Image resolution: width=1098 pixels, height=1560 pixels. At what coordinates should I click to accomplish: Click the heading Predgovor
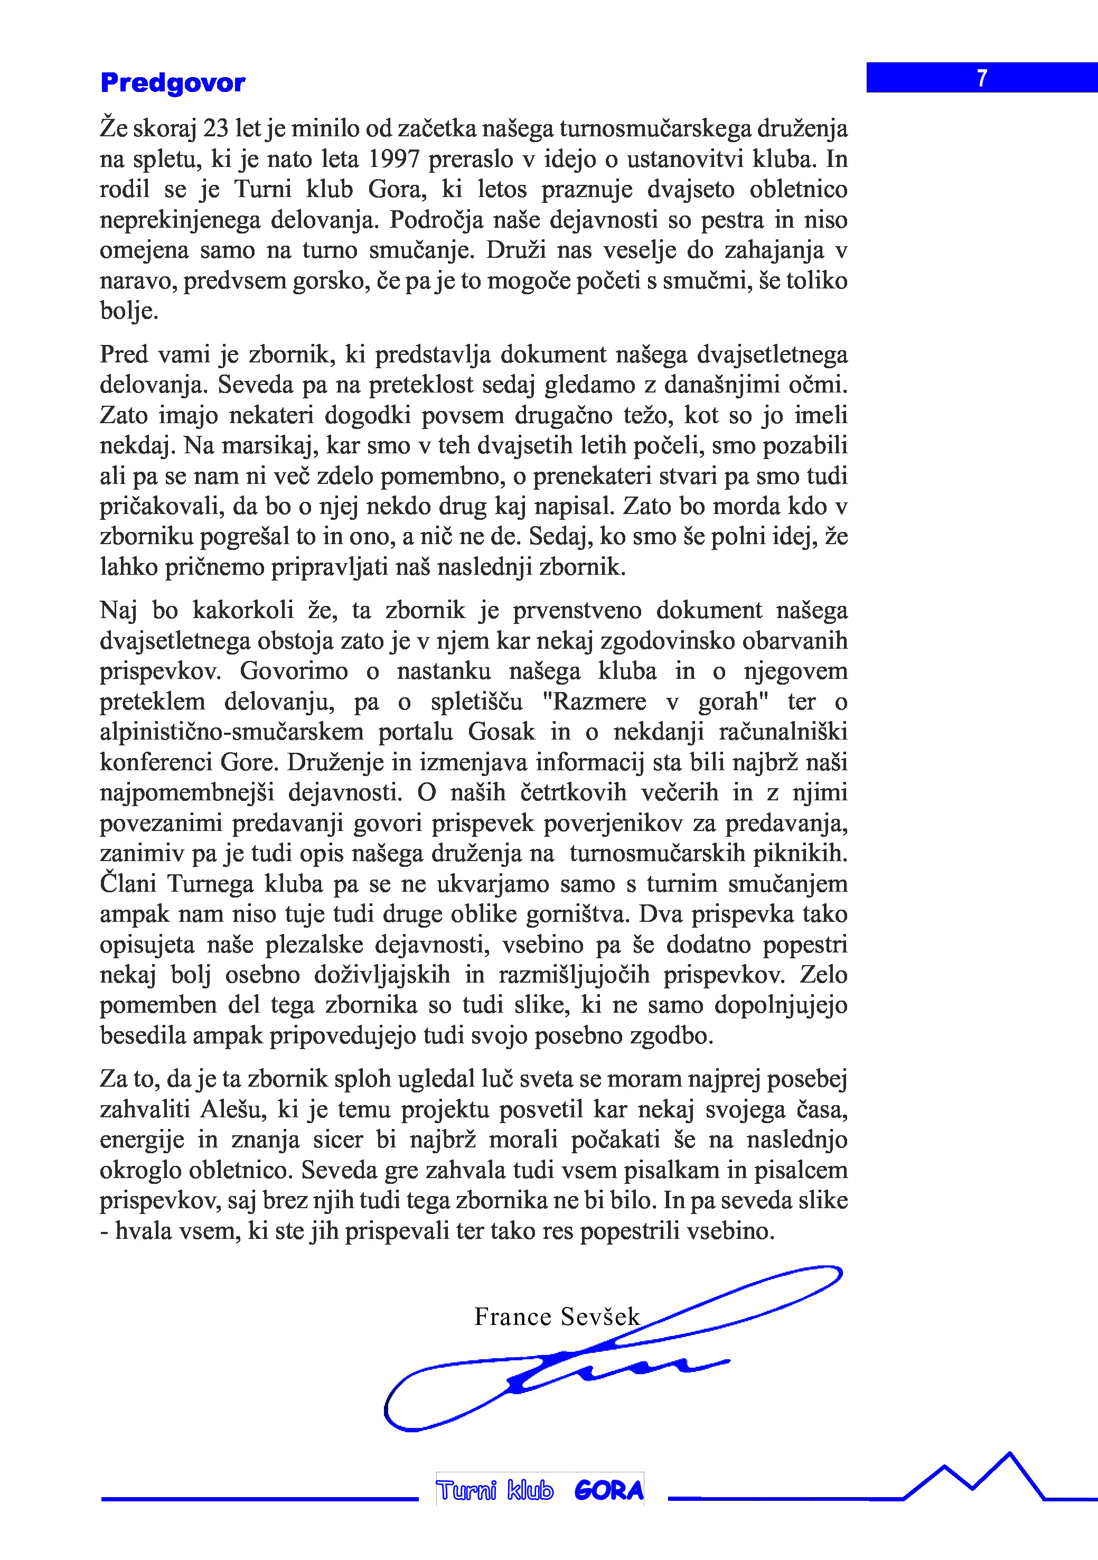click(173, 83)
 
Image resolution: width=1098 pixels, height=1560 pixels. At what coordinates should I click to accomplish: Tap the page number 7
click(982, 78)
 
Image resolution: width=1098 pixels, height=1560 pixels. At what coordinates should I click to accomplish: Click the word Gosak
click(501, 732)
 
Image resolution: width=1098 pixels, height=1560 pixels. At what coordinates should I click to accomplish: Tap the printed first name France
click(512, 1317)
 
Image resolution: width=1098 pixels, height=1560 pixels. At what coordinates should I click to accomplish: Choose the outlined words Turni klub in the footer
click(495, 1491)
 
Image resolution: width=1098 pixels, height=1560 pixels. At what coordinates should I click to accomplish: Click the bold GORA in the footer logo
click(609, 1491)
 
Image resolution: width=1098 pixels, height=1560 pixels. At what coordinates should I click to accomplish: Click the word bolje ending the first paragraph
click(128, 311)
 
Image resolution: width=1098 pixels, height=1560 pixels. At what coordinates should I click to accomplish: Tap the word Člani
click(128, 884)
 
